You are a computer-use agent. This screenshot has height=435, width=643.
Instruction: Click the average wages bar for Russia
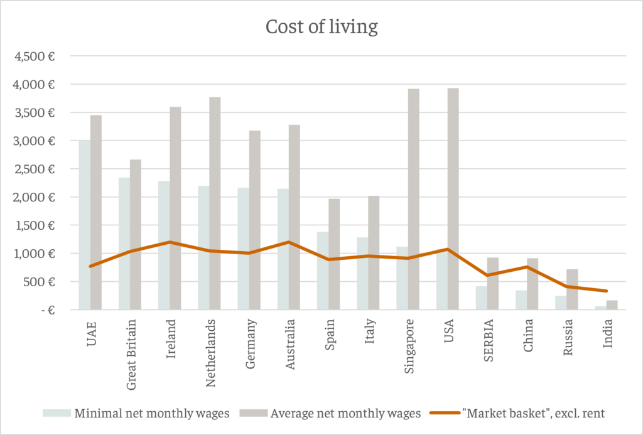pyautogui.click(x=571, y=289)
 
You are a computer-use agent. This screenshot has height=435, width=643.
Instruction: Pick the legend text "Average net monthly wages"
pyautogui.click(x=345, y=413)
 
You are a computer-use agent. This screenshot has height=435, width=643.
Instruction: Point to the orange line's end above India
pyautogui.click(x=606, y=291)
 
